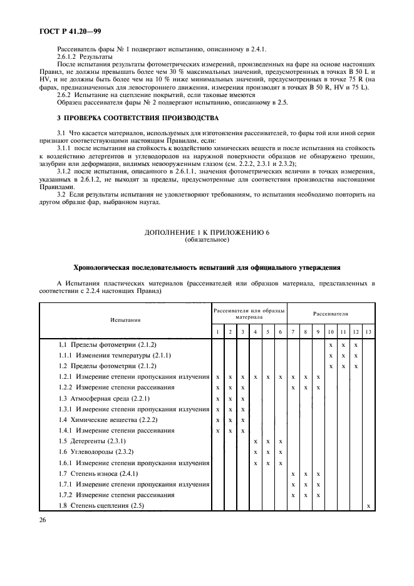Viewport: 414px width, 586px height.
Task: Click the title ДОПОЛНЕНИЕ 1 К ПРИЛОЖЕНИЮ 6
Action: [x=207, y=232]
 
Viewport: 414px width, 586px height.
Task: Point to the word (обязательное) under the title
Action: [x=207, y=239]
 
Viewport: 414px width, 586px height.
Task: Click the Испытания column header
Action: [x=125, y=319]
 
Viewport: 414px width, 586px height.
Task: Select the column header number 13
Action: [x=368, y=331]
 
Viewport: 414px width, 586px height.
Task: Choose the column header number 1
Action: [x=217, y=331]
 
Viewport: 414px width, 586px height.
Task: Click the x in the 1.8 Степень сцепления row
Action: [x=368, y=505]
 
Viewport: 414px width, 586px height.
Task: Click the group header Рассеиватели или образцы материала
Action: [x=249, y=314]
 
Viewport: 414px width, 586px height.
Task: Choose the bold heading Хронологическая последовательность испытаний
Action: [x=207, y=267]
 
